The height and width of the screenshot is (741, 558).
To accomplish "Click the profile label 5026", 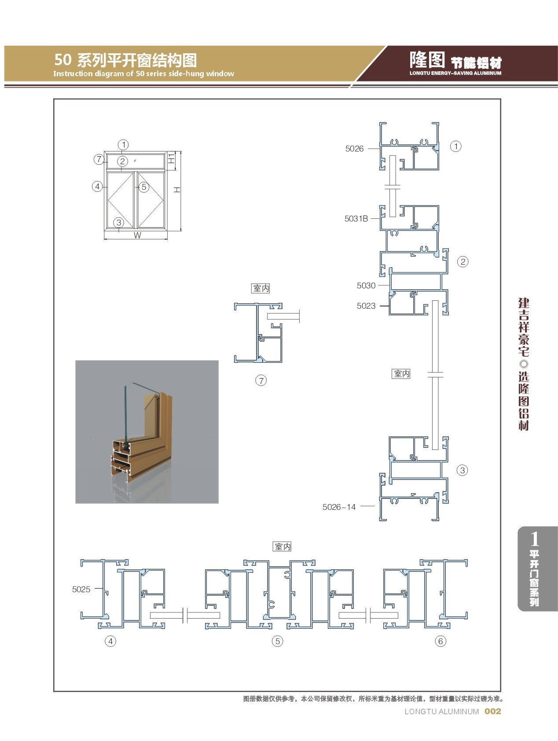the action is [354, 149].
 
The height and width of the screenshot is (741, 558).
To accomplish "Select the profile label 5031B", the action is [356, 218].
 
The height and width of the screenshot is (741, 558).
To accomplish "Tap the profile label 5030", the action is [366, 286].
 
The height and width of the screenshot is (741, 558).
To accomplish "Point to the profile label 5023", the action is [366, 306].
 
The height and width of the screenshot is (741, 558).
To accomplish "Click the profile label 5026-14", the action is [339, 507].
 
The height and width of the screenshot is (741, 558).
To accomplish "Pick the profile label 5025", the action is [81, 590].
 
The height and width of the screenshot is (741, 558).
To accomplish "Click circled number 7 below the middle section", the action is [261, 380].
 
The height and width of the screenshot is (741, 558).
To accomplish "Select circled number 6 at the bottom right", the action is [441, 641].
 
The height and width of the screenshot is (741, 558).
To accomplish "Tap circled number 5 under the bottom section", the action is [277, 641].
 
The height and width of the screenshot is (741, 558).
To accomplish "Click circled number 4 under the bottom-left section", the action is [110, 641].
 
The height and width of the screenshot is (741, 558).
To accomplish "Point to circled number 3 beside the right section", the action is [462, 470].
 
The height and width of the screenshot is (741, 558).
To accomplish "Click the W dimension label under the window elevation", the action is [137, 236].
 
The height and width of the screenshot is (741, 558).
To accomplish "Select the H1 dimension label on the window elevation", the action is [172, 159].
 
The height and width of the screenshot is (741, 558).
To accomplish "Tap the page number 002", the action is [492, 712].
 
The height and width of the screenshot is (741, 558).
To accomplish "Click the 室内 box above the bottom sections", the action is [283, 547].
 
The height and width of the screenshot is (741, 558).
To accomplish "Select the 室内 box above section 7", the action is [261, 288].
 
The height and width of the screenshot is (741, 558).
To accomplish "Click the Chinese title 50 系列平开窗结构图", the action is [125, 60].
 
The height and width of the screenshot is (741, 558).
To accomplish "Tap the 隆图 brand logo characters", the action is [427, 59].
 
